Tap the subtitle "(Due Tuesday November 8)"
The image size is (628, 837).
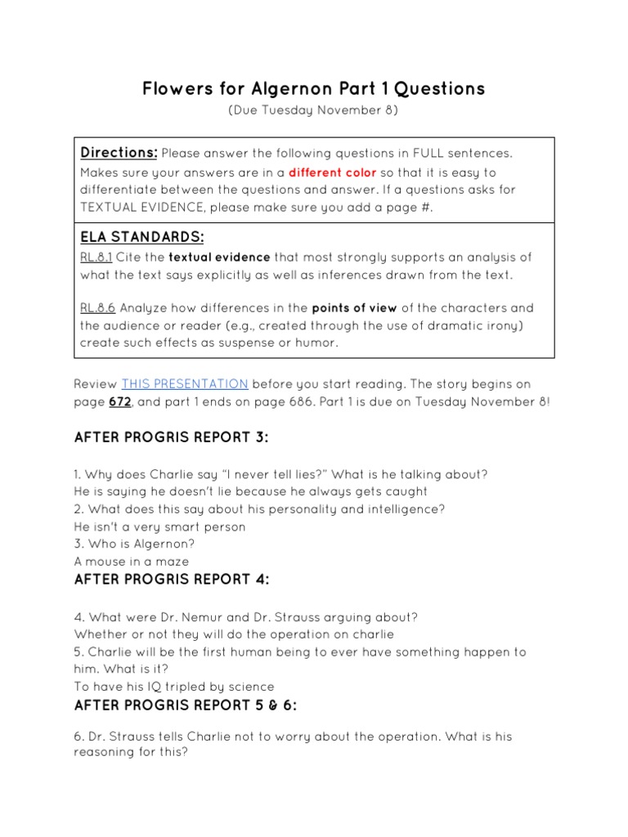pos(313,111)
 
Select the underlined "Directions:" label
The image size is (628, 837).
pos(119,153)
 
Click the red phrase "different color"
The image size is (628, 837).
pos(332,172)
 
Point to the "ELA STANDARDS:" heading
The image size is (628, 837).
pos(141,237)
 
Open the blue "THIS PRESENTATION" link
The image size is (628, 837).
pos(185,383)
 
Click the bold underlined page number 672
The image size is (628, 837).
pos(119,401)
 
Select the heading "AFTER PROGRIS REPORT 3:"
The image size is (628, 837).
pos(171,437)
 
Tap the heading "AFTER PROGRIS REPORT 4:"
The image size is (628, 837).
pos(172,580)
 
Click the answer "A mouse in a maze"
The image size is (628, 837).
pos(131,562)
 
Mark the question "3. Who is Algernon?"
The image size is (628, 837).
pos(135,544)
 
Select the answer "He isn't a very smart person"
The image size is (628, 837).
pos(159,526)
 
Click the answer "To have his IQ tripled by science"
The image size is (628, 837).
pos(174,687)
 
